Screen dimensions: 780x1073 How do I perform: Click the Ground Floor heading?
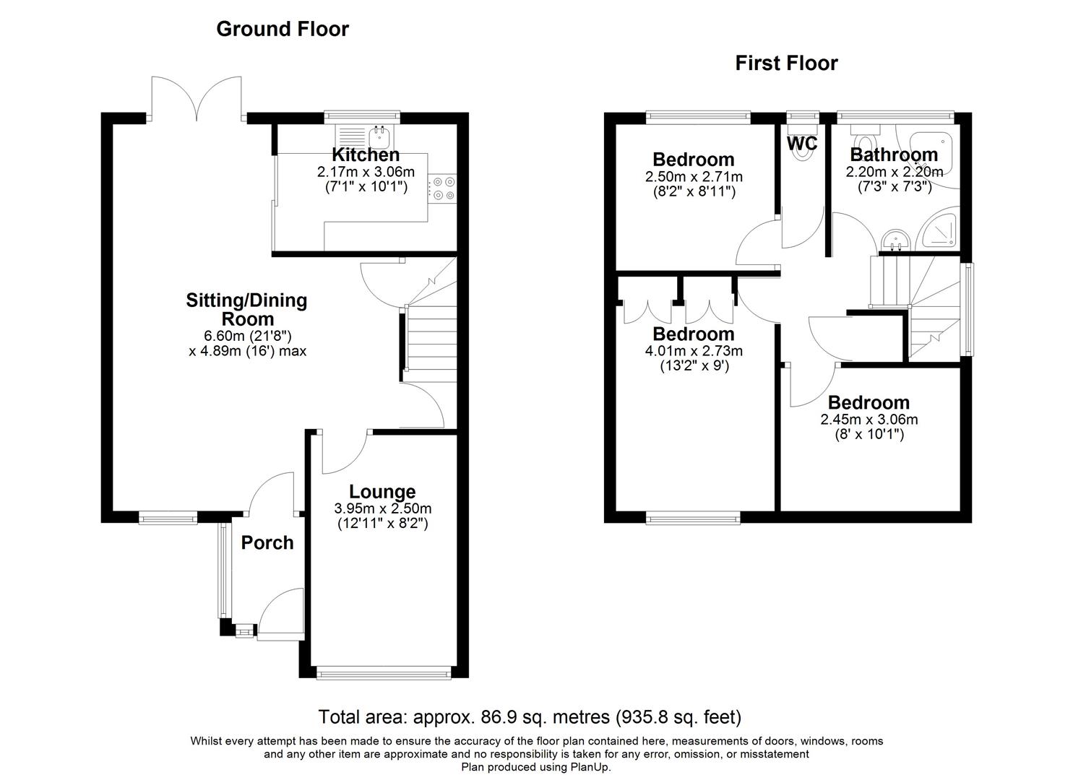283,29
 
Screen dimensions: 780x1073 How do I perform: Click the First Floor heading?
786,64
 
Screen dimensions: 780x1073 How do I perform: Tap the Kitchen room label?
366,155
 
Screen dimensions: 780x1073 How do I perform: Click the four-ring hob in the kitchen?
442,188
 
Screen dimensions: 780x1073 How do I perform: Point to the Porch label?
267,542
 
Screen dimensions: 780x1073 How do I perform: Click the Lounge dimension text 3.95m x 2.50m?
383,508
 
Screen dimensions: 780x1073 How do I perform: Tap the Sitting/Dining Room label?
246,309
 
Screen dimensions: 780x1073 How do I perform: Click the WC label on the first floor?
801,144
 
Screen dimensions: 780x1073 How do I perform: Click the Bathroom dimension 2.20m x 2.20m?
894,172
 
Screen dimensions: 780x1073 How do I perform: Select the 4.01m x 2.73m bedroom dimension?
694,351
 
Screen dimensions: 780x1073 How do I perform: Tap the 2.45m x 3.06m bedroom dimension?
869,420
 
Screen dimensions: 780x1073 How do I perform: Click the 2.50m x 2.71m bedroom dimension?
694,176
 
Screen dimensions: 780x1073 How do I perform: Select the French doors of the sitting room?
196,97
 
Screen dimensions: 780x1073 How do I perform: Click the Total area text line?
530,717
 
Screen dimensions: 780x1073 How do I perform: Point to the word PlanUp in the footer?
592,767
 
